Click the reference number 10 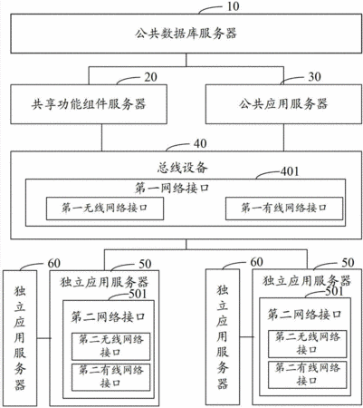point(233,6)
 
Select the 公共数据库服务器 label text point(186,34)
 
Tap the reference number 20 point(150,77)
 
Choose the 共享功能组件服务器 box point(89,104)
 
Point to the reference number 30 point(314,77)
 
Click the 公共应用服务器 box point(283,104)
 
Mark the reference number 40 point(200,143)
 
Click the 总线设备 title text point(182,168)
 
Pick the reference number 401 point(290,171)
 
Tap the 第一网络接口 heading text point(172,188)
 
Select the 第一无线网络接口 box point(105,209)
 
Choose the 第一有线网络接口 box point(284,209)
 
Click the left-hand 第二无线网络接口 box point(110,346)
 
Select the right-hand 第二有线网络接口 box point(308,374)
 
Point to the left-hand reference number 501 point(138,294)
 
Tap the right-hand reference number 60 point(256,262)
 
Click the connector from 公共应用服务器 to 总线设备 point(283,138)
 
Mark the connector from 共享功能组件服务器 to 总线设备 point(101,138)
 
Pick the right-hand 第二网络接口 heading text point(304,315)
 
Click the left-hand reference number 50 point(145,264)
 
